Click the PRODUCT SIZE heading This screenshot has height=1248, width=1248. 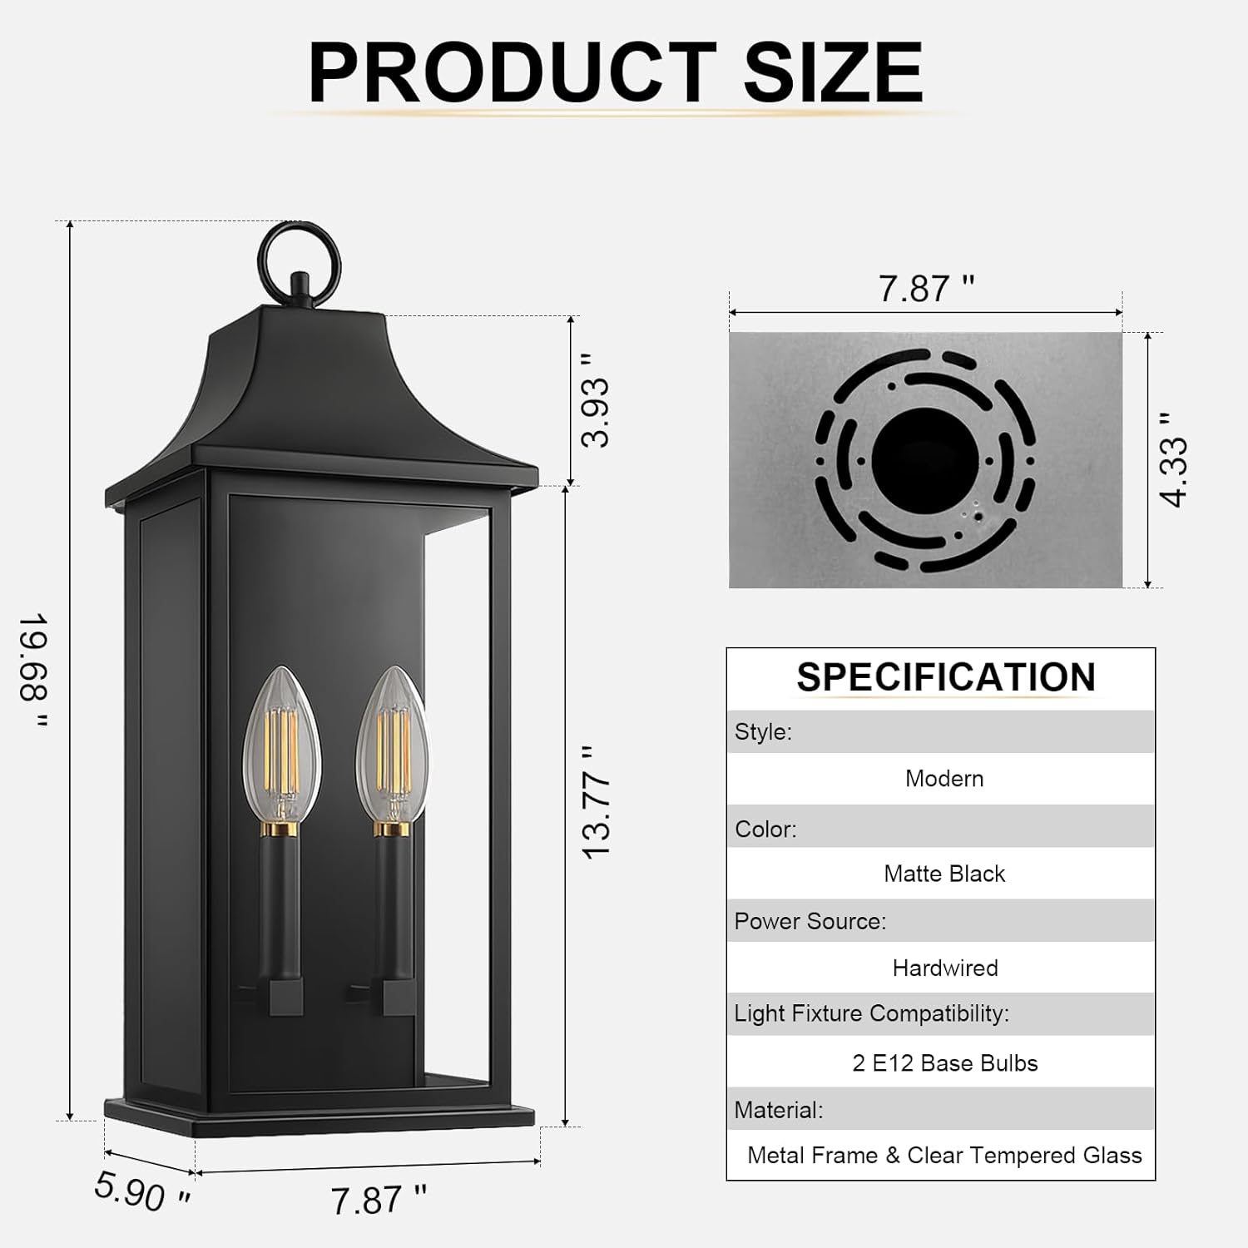pyautogui.click(x=616, y=73)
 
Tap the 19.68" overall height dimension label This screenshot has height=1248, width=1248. pyautogui.click(x=35, y=670)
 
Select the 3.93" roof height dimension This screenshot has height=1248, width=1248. pyautogui.click(x=596, y=400)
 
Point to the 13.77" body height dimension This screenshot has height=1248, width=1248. pyautogui.click(x=596, y=803)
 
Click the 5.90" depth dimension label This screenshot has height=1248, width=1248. pyautogui.click(x=142, y=1191)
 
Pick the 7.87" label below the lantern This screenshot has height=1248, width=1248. pyautogui.click(x=379, y=1200)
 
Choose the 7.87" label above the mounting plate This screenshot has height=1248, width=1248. pyautogui.click(x=926, y=289)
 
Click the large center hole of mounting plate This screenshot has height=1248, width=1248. pyautogui.click(x=925, y=460)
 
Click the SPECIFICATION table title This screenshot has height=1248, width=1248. pyautogui.click(x=946, y=677)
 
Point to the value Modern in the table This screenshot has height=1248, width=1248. pyautogui.click(x=944, y=779)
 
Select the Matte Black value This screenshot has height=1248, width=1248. pyautogui.click(x=944, y=874)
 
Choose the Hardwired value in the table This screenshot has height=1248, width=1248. pyautogui.click(x=945, y=968)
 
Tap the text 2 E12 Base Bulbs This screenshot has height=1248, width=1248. pyautogui.click(x=945, y=1063)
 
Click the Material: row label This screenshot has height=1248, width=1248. pyautogui.click(x=779, y=1110)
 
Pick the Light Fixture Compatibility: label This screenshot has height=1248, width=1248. pyautogui.click(x=871, y=1013)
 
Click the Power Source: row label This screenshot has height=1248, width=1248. pyautogui.click(x=810, y=921)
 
